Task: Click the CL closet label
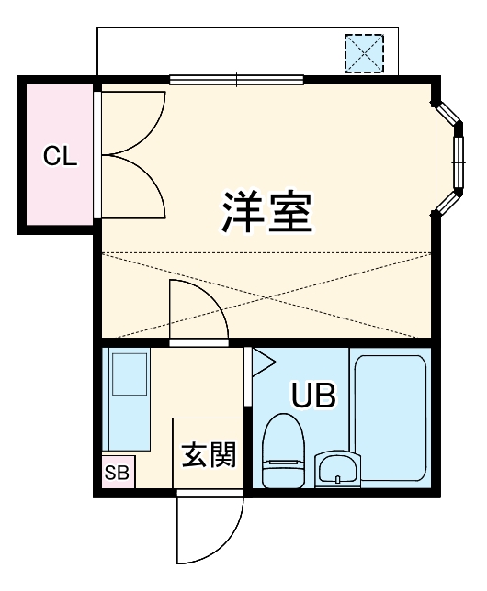(61, 155)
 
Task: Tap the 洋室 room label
(267, 211)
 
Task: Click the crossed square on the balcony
(364, 53)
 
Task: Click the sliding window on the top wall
(237, 80)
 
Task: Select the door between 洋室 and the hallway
(198, 312)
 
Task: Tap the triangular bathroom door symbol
(263, 362)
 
